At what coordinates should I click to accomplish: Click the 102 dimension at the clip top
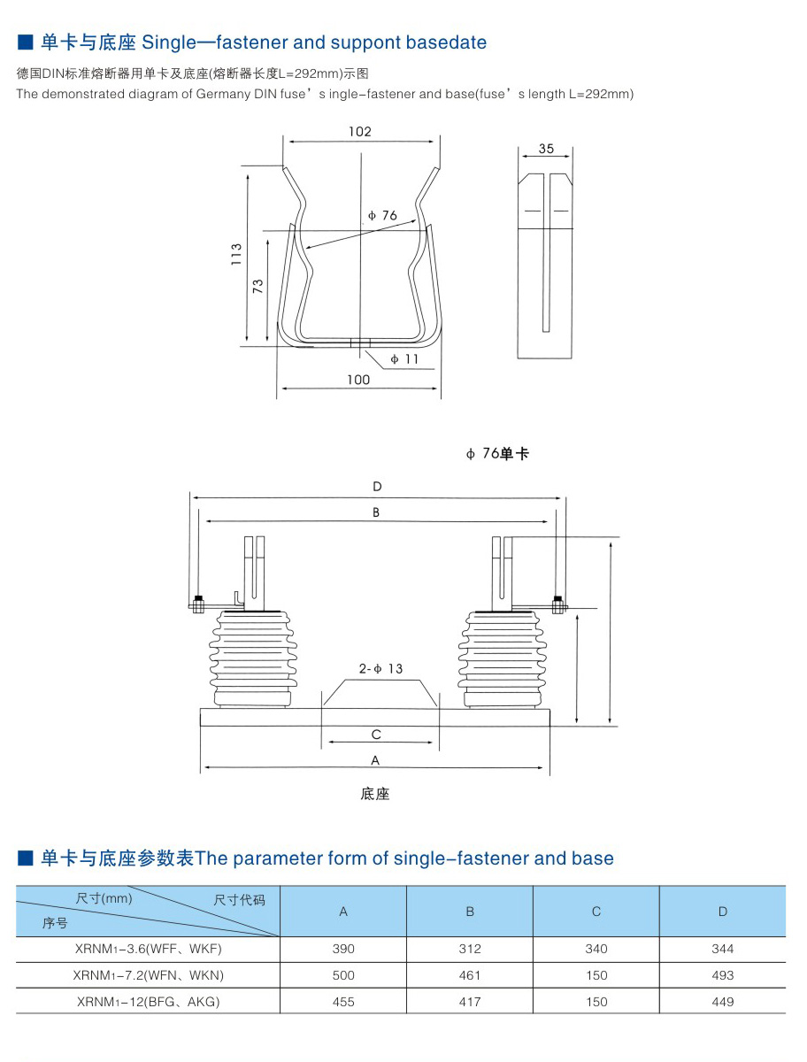tap(359, 132)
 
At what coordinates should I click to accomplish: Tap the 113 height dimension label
tap(236, 256)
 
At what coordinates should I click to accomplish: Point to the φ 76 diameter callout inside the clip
tap(382, 216)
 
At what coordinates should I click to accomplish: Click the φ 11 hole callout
tap(404, 359)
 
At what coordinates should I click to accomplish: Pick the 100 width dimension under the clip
tap(358, 380)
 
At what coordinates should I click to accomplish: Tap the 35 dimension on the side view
tap(546, 149)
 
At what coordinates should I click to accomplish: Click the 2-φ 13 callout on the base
tap(380, 669)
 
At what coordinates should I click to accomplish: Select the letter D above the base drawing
tap(377, 487)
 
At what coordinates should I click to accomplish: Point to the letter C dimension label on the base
tap(376, 735)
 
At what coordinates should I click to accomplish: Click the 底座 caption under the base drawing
tap(375, 794)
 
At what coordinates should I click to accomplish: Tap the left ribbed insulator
tap(251, 659)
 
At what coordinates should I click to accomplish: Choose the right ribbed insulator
tap(502, 659)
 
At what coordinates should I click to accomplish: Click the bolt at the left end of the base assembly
tap(198, 605)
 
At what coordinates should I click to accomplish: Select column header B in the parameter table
tap(470, 912)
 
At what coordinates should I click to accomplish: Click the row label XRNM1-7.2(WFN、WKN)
tap(150, 975)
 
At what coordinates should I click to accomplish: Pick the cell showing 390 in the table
tap(343, 949)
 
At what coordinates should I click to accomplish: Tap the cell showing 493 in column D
tap(722, 975)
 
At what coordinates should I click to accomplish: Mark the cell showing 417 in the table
tap(470, 1002)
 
